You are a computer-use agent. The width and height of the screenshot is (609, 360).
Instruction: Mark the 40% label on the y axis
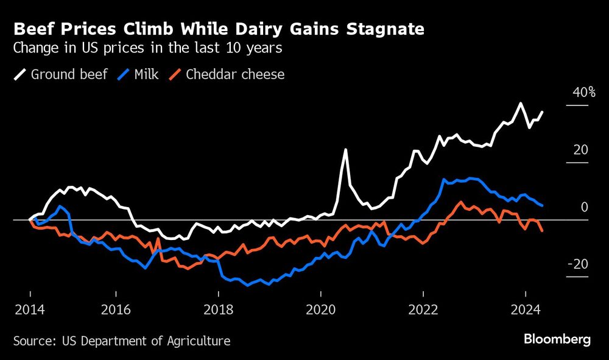[x=583, y=93]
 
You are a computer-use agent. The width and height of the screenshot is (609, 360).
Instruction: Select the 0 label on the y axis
[x=584, y=207]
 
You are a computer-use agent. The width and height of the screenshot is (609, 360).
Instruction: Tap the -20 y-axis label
[x=578, y=264]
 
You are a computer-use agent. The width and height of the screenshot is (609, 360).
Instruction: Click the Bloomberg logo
[x=557, y=339]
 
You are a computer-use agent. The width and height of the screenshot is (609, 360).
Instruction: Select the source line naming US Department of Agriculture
[x=122, y=341]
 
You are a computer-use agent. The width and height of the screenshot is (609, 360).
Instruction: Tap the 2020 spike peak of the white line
[x=345, y=149]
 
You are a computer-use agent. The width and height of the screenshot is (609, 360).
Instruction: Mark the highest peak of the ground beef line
[x=520, y=103]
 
